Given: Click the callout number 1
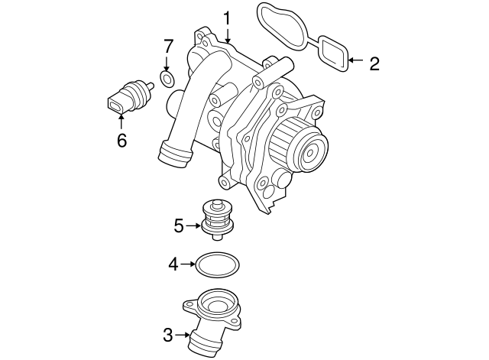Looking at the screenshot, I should click(x=227, y=16).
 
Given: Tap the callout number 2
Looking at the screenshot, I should click(x=374, y=63).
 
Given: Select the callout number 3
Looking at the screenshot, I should click(x=168, y=334).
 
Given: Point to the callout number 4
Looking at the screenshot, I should click(x=173, y=264).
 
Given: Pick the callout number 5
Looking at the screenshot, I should click(x=180, y=225).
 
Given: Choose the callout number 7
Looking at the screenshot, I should click(x=168, y=47).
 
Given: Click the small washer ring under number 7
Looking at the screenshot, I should click(x=168, y=79).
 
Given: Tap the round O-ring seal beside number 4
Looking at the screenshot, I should click(x=218, y=265).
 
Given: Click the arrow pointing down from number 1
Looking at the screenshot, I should click(x=227, y=34).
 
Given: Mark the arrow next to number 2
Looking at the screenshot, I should click(x=355, y=60).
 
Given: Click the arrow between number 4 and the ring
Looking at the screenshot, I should click(x=188, y=264).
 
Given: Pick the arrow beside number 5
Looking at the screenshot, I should click(x=194, y=225).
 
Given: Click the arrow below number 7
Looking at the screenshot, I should click(x=168, y=64).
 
